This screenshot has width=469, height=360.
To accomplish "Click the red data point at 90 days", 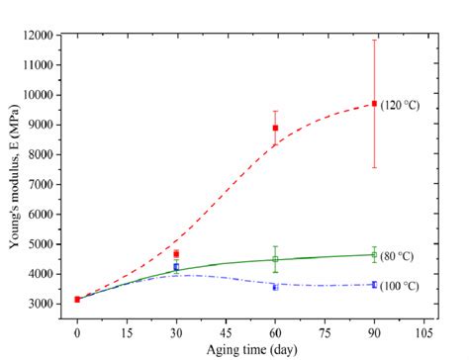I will [374, 104].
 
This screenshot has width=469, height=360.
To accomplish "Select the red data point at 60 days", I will [275, 128].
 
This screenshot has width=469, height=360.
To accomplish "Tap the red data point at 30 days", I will [176, 254].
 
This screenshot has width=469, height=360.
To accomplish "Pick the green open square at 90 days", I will [374, 255].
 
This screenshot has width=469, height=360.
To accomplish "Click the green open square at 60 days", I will [275, 259].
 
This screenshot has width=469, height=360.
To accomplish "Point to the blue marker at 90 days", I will [374, 285].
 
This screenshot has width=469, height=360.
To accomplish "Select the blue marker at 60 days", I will [275, 287].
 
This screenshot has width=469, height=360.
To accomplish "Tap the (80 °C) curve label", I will [398, 256].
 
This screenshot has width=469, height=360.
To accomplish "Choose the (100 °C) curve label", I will [400, 286].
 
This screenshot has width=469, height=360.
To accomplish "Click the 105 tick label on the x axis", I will [423, 333].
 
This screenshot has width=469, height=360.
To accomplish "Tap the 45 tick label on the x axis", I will [226, 333].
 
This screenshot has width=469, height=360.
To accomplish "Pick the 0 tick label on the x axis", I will [77, 333].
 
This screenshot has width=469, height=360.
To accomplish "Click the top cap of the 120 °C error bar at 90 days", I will [374, 41].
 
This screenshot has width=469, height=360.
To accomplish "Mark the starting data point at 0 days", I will [77, 299].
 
